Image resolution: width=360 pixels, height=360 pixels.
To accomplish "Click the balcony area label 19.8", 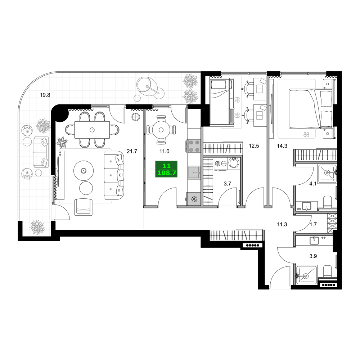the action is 45,95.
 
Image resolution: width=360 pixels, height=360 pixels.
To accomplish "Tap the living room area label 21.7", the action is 132,151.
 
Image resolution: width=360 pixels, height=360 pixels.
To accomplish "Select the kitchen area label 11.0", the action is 165,151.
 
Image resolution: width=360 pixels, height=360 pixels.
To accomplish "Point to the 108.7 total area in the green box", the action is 167,173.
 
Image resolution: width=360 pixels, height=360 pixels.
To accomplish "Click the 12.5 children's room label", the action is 254,146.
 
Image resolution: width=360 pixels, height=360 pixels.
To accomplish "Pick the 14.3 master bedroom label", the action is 282,146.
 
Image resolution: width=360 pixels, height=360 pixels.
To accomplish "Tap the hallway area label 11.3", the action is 282,224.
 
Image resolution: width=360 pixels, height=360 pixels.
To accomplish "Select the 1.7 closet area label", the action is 314,224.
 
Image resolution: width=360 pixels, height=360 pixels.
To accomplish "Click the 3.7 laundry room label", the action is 227,184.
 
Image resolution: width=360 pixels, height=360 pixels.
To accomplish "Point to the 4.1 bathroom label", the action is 313,184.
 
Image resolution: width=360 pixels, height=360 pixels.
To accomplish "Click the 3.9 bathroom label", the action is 313,256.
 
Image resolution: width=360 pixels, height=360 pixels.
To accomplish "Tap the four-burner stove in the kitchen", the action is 194,146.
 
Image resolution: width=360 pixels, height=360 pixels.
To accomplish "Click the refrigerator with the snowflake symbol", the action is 194,199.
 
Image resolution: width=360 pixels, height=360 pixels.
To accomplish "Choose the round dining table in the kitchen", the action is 161,130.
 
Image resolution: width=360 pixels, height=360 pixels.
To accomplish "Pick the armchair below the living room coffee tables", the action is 84,207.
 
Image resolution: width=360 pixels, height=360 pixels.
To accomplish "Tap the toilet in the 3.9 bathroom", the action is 328,271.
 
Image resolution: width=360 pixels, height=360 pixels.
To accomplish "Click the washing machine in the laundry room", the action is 221,163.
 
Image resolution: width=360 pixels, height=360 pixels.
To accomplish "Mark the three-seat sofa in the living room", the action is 114,175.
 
